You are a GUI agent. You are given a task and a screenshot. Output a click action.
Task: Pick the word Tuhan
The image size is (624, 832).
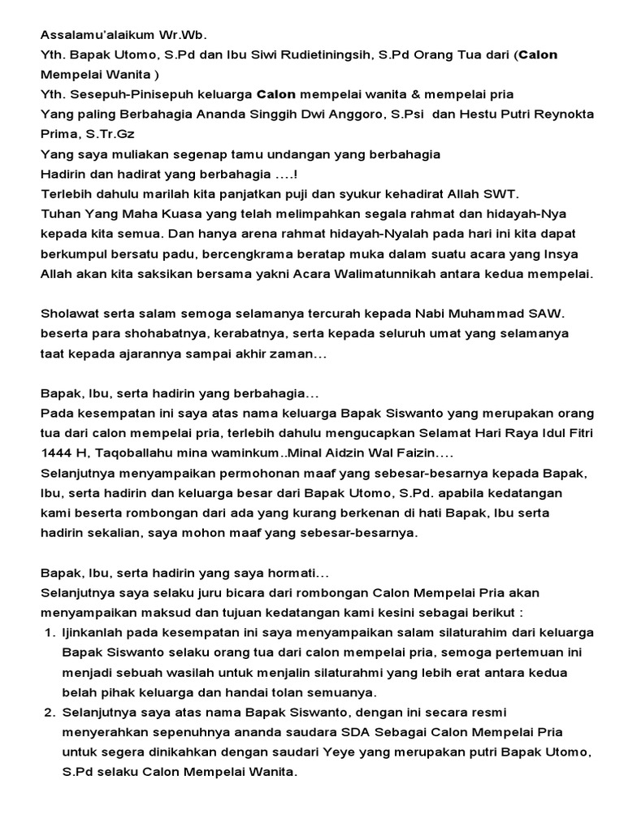[58, 213]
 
